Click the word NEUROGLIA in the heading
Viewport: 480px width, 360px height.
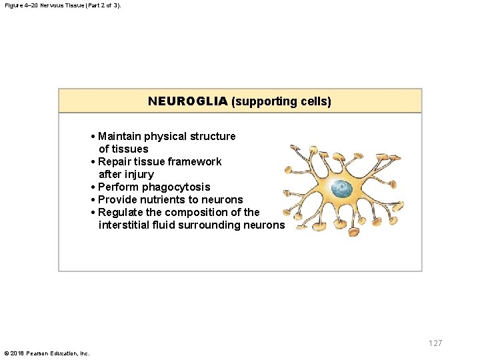(188, 101)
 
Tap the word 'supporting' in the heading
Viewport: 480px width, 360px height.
(262, 102)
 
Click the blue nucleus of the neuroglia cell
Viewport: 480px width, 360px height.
(343, 189)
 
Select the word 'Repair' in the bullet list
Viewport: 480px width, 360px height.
(114, 161)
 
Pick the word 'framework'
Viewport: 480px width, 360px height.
(195, 161)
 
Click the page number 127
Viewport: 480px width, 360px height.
(435, 343)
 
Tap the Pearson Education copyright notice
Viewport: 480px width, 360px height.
(47, 353)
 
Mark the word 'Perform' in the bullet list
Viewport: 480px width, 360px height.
(117, 187)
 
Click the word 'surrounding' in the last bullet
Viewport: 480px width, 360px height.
(215, 225)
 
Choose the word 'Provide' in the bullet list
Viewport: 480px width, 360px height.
(117, 199)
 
